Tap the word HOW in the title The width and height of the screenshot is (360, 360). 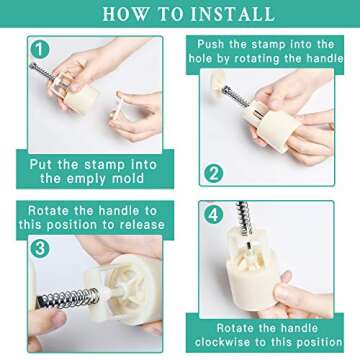click(124, 13)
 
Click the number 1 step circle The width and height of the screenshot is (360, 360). click(40, 49)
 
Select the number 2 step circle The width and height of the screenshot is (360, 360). click(213, 174)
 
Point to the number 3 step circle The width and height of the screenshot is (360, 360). click(40, 249)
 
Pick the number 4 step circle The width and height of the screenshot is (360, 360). click(213, 215)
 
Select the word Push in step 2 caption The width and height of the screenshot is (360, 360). click(211, 44)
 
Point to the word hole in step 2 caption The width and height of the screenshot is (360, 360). click(202, 58)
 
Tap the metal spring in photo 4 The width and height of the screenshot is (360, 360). click(244, 218)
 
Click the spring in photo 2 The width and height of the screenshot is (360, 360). click(235, 96)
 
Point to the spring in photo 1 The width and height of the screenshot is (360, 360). click(42, 71)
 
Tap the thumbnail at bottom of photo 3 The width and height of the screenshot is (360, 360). click(56, 319)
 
